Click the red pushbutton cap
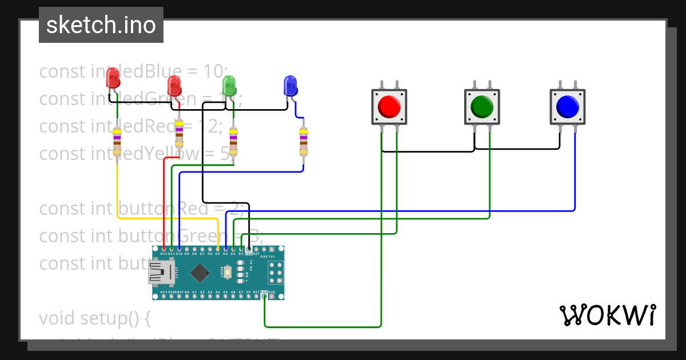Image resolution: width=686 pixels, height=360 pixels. tap(389, 106)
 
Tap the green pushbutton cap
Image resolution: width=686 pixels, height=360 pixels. tap(482, 106)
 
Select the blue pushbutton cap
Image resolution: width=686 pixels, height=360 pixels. tap(567, 106)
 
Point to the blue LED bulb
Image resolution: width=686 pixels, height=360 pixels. tap(290, 86)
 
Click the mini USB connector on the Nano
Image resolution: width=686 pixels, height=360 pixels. tap(162, 273)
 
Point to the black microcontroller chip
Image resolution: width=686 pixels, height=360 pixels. tap(199, 273)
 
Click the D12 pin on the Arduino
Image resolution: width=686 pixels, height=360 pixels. tap(164, 249)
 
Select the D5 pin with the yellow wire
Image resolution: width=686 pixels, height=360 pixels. tap(218, 249)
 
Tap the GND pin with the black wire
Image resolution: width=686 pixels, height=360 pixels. tap(249, 249)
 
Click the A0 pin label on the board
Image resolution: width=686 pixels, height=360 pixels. tap(187, 292)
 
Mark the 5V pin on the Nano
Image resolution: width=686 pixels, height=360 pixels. tap(249, 292)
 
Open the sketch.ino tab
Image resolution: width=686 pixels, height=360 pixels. tap(101, 25)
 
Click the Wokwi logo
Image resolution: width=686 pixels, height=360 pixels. tap(607, 315)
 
